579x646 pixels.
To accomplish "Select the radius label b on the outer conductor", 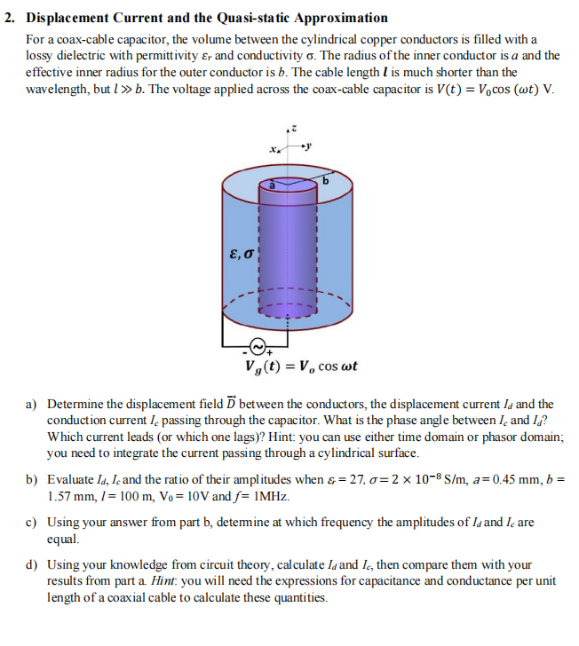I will click(325, 183).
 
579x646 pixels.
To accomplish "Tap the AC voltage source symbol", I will click(258, 345).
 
